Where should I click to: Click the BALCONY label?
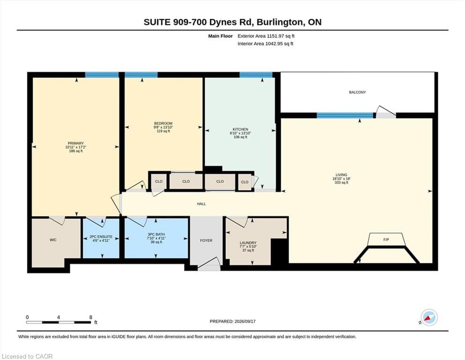pos(357,92)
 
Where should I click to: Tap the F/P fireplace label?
pos(386,240)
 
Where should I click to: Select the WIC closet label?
pos(53,240)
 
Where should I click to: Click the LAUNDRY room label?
pos(248,243)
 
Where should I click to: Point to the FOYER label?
pos(206,240)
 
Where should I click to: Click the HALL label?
pos(201,204)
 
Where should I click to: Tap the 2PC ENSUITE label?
pos(101,237)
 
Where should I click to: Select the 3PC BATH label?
pos(156,234)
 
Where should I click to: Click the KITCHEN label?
pos(240,129)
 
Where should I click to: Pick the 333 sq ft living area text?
pos(341,182)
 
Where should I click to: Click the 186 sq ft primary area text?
pos(75,151)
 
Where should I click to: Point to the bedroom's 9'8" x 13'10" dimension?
pos(163,127)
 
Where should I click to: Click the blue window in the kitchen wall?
pos(256,75)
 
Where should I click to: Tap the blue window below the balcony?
pos(345,115)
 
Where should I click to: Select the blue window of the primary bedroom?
pos(102,75)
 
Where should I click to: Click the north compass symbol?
pos(429,317)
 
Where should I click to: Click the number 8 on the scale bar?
pos(91,317)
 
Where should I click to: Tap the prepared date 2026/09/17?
pos(245,322)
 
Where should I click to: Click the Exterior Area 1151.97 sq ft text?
pos(266,36)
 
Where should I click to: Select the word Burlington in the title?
pos(280,22)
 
